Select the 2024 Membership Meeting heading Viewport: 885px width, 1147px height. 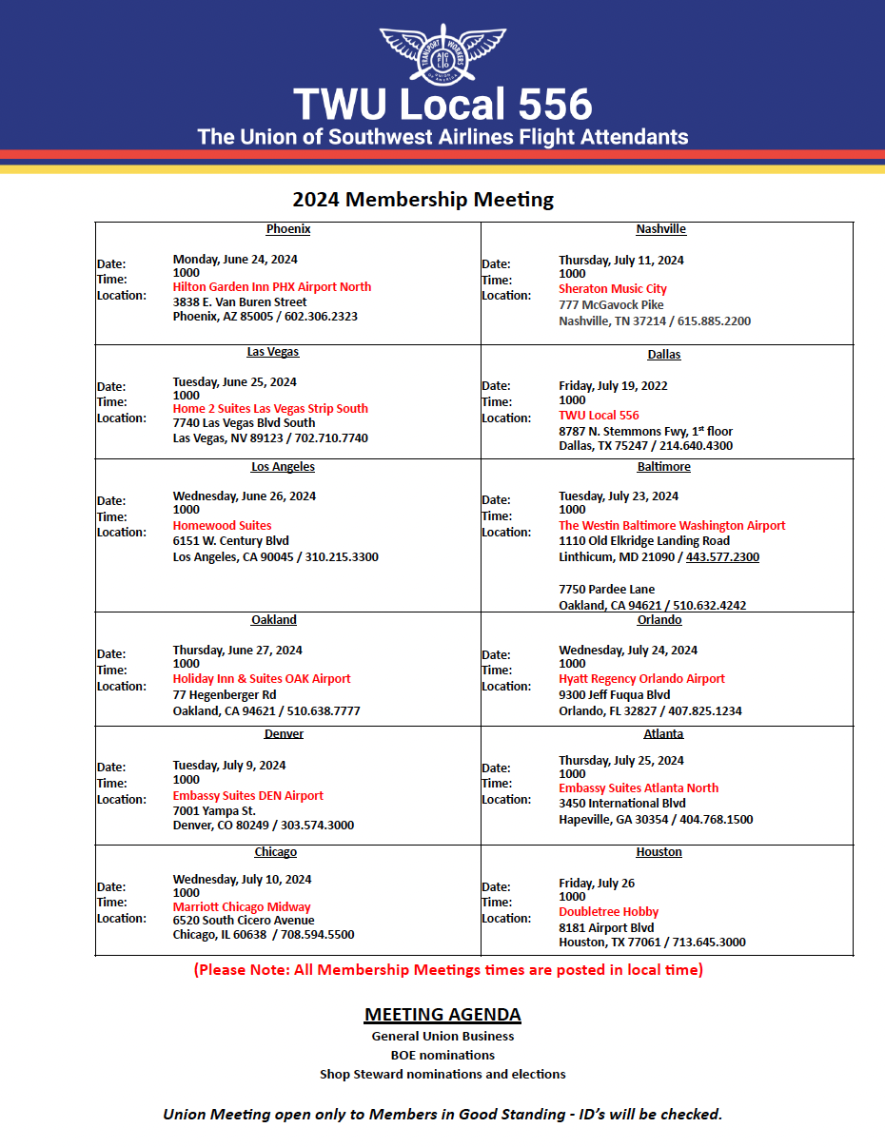tap(423, 200)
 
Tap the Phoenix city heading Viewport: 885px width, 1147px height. tap(288, 229)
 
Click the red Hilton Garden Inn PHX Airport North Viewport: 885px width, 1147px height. tap(272, 287)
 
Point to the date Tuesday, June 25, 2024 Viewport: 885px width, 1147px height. tap(234, 382)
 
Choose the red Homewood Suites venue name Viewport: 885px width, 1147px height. tap(222, 526)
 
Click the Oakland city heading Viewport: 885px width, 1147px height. tap(274, 620)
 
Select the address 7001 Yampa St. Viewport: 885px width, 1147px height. tap(214, 810)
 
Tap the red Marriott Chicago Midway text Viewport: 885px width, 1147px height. tap(242, 907)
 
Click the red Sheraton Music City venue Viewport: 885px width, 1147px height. tap(613, 289)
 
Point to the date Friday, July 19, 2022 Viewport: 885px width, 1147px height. tap(613, 386)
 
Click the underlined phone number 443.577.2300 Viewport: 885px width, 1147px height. tap(722, 557)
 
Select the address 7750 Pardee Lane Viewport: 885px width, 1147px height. tap(607, 590)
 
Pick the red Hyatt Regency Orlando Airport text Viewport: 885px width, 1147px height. tap(641, 679)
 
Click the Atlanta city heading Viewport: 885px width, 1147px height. tap(663, 734)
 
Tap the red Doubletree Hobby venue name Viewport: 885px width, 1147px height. tap(609, 912)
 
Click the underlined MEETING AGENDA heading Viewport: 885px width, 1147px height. tap(442, 1015)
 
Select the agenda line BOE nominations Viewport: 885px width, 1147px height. tap(442, 1055)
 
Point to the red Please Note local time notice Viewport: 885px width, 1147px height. tap(448, 970)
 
